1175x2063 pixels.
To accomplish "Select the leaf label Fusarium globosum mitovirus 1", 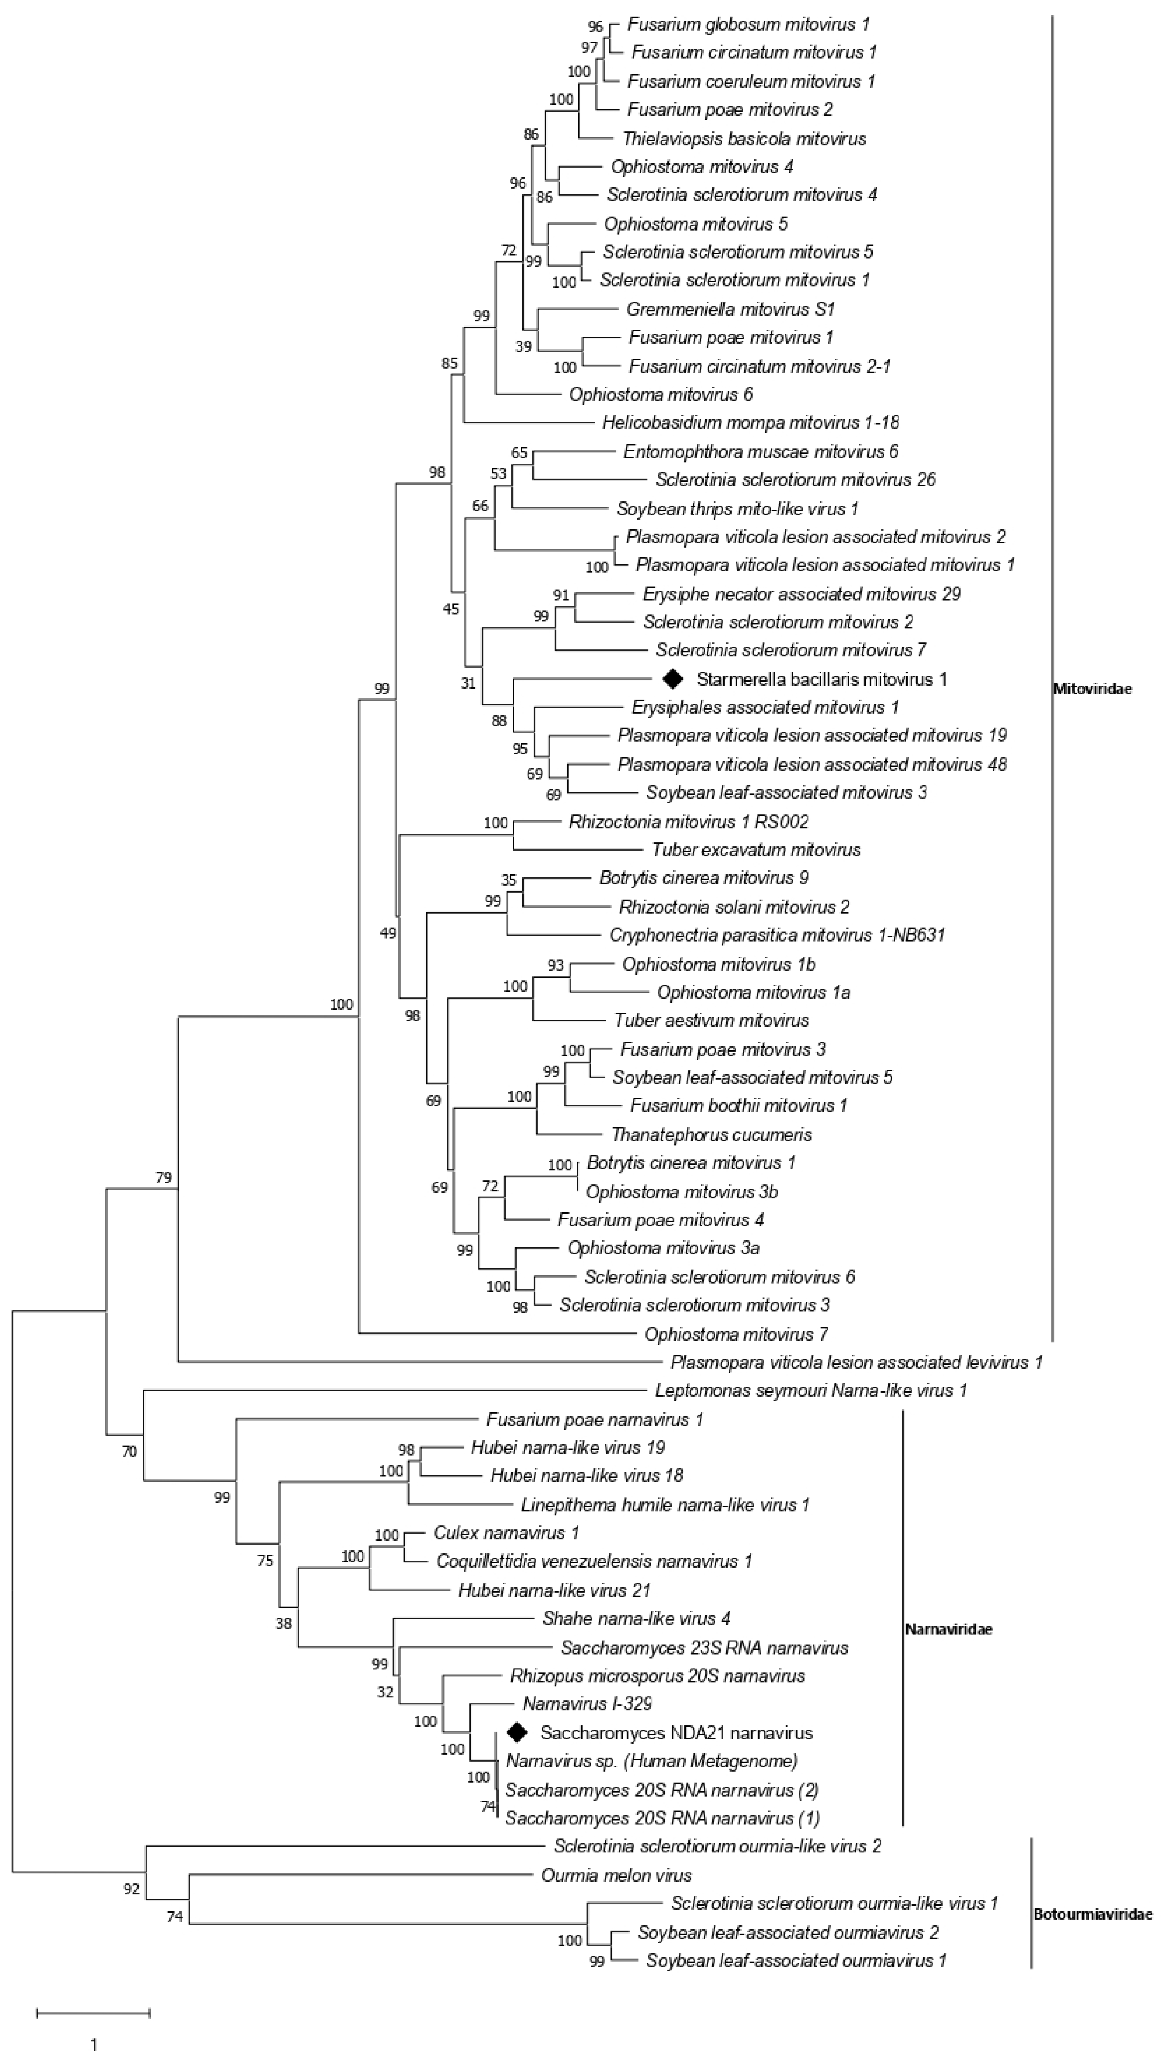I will [748, 24].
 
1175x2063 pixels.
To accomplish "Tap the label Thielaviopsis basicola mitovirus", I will [744, 139].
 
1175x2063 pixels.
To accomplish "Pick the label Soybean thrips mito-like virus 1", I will [737, 509].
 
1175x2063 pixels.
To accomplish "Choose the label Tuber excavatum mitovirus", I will [756, 849].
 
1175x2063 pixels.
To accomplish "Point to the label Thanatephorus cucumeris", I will [711, 1134].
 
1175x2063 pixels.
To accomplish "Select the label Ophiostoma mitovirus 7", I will [736, 1335].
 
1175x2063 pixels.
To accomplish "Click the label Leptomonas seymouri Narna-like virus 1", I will [811, 1390].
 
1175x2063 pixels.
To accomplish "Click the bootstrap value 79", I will [164, 1177].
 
